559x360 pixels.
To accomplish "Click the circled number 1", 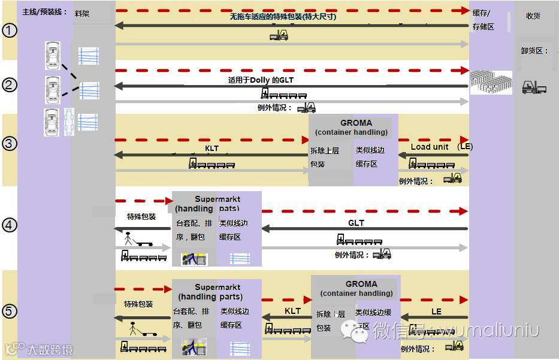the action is click(10, 30).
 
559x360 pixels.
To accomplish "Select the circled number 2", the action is click(10, 85).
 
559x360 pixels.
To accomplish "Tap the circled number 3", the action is click(10, 144).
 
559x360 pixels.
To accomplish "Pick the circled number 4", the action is click(10, 225).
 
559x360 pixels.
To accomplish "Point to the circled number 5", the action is click(10, 311).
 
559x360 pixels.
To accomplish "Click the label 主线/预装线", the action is click(44, 12).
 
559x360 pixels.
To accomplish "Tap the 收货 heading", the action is click(533, 16).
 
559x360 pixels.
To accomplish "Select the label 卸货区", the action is click(534, 51).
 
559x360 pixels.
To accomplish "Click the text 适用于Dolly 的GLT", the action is click(261, 80).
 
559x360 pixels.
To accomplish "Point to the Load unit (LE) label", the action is click(441, 147).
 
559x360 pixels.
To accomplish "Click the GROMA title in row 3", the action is click(356, 123).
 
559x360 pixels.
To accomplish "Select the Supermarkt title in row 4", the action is click(217, 199).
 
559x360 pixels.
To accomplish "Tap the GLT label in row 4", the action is click(356, 223).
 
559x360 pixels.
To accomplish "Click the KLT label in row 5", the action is click(292, 311).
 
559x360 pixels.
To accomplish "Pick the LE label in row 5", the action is click(436, 311).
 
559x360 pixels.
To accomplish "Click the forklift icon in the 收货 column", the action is click(534, 87).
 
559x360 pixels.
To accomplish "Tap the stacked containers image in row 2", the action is click(491, 83).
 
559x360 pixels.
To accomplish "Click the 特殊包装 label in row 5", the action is click(138, 304).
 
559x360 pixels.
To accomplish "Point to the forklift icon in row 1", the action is click(279, 35).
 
